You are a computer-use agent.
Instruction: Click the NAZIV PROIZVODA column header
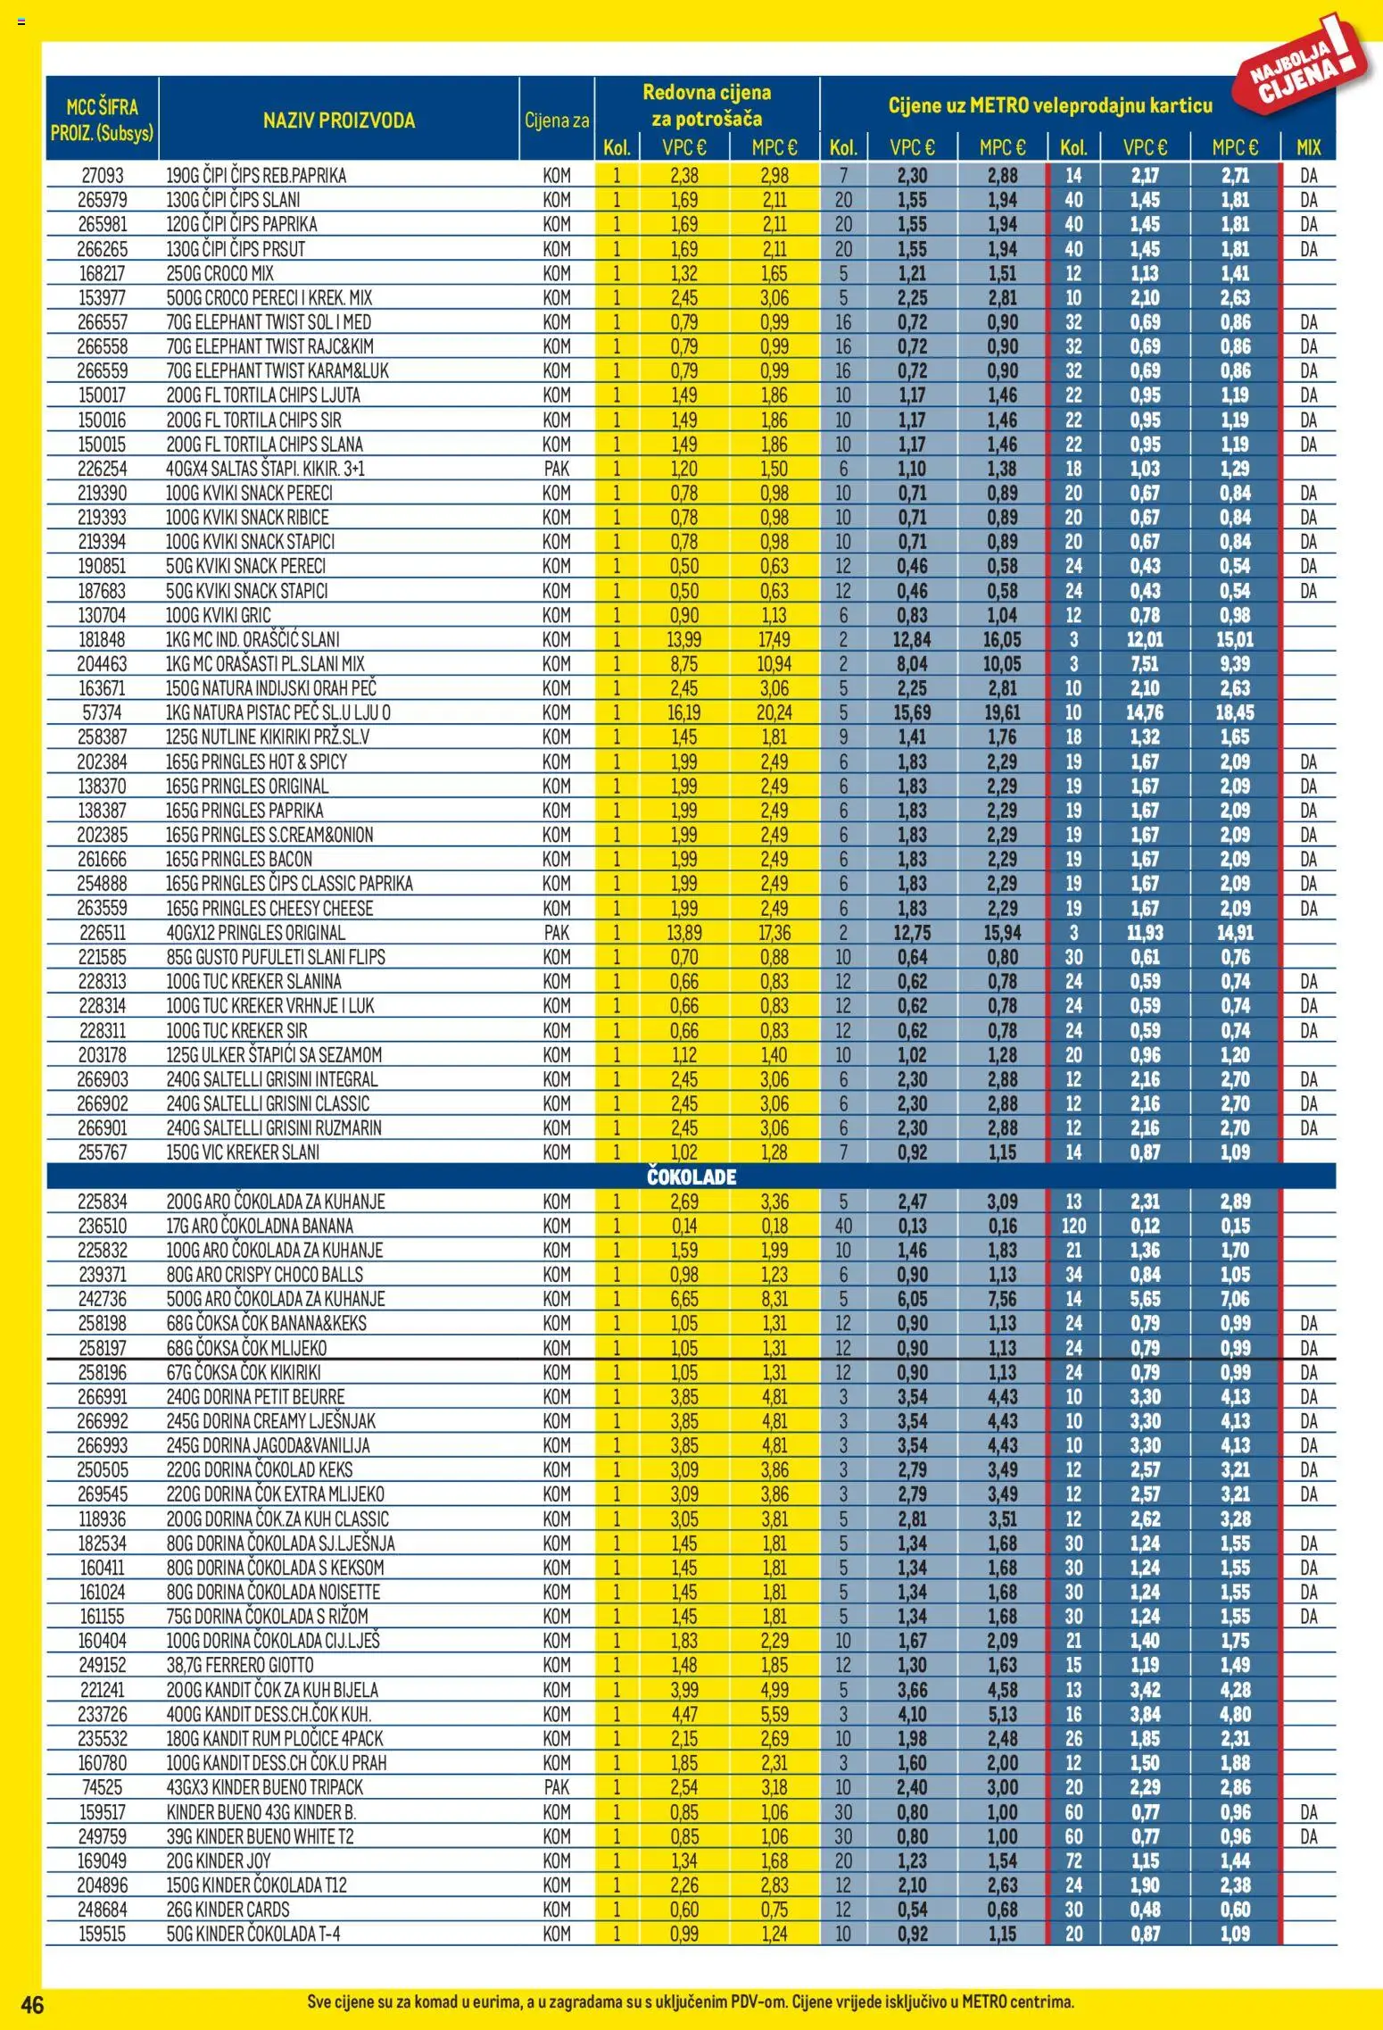pos(338,120)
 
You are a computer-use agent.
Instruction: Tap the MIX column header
pos(1308,147)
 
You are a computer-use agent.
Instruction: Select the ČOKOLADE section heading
pos(691,1176)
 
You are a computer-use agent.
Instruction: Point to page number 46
pos(32,2004)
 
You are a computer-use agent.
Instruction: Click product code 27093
pos(102,176)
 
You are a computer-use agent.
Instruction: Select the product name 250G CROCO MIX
pos(219,273)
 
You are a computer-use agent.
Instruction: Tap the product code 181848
pos(102,639)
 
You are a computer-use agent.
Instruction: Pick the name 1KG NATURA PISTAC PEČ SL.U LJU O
pos(278,712)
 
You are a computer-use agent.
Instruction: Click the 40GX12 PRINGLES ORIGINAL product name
pos(255,932)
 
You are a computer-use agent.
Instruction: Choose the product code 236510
pos(102,1226)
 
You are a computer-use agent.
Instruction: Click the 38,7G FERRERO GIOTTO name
pos(240,1664)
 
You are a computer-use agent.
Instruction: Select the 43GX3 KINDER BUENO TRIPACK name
pos(265,1786)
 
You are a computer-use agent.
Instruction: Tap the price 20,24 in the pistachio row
pos(774,712)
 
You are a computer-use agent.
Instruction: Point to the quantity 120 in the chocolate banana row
pos(1073,1226)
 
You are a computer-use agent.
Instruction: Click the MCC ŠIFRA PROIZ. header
pos(102,120)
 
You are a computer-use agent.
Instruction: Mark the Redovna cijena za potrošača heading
pos(707,104)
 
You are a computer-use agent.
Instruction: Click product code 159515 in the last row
pos(102,1933)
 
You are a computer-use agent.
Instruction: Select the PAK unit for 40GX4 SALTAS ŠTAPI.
pos(556,469)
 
